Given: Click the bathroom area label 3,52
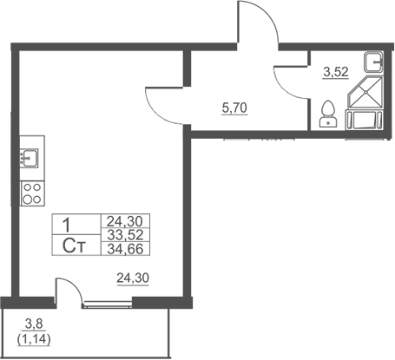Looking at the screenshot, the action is [336, 72].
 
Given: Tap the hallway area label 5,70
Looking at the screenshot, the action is [234, 108].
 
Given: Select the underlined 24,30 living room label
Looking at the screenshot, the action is [133, 278].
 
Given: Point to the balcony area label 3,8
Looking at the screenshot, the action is [34, 324].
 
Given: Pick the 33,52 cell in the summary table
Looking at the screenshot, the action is [125, 235].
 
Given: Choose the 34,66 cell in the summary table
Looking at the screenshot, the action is [125, 249].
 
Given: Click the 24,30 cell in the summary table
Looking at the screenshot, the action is [125, 221].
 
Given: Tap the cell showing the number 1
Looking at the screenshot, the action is [76, 225].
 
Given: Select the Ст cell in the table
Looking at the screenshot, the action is [76, 245].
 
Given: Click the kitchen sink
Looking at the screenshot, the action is [29, 158].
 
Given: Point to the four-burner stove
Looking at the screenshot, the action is [32, 193].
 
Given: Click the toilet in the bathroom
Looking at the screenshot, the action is [328, 114].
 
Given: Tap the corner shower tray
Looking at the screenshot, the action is [365, 92].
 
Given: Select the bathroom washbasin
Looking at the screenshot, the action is [373, 62].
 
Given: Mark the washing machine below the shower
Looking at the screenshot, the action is [365, 120].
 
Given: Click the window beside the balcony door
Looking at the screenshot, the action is [107, 304].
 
